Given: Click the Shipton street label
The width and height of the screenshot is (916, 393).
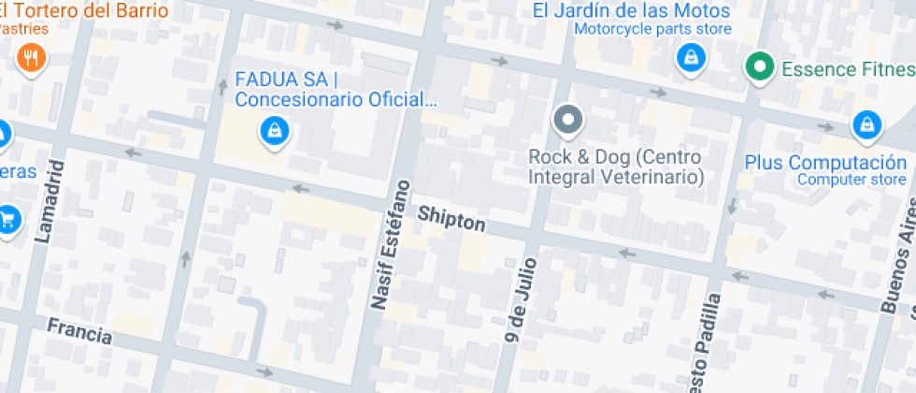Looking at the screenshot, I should point(451,219).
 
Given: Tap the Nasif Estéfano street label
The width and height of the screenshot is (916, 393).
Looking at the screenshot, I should point(391,243).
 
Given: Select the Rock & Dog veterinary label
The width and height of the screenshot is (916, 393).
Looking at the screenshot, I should point(615,167).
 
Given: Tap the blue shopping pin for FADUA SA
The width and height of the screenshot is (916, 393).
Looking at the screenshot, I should point(274,130).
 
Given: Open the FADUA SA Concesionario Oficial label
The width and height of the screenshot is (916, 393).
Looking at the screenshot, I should point(336,88).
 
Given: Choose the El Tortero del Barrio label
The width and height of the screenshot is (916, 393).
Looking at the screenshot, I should point(84,12).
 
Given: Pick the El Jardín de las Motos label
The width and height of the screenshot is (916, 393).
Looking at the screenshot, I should point(631,11).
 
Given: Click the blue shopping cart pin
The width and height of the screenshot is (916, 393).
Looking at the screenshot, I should point(8,219).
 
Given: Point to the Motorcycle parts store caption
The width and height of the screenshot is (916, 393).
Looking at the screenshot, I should point(652,29).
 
